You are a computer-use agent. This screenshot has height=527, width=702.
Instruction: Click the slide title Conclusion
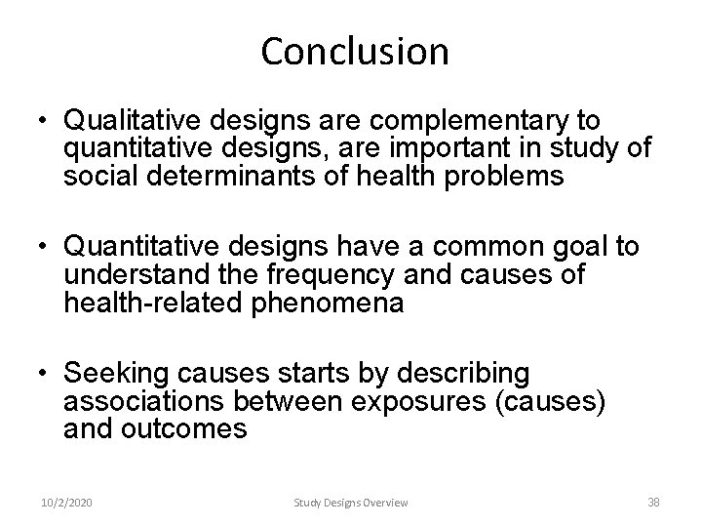(355, 52)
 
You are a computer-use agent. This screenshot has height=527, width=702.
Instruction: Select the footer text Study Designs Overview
(352, 502)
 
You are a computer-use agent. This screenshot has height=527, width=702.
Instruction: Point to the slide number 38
(653, 502)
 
